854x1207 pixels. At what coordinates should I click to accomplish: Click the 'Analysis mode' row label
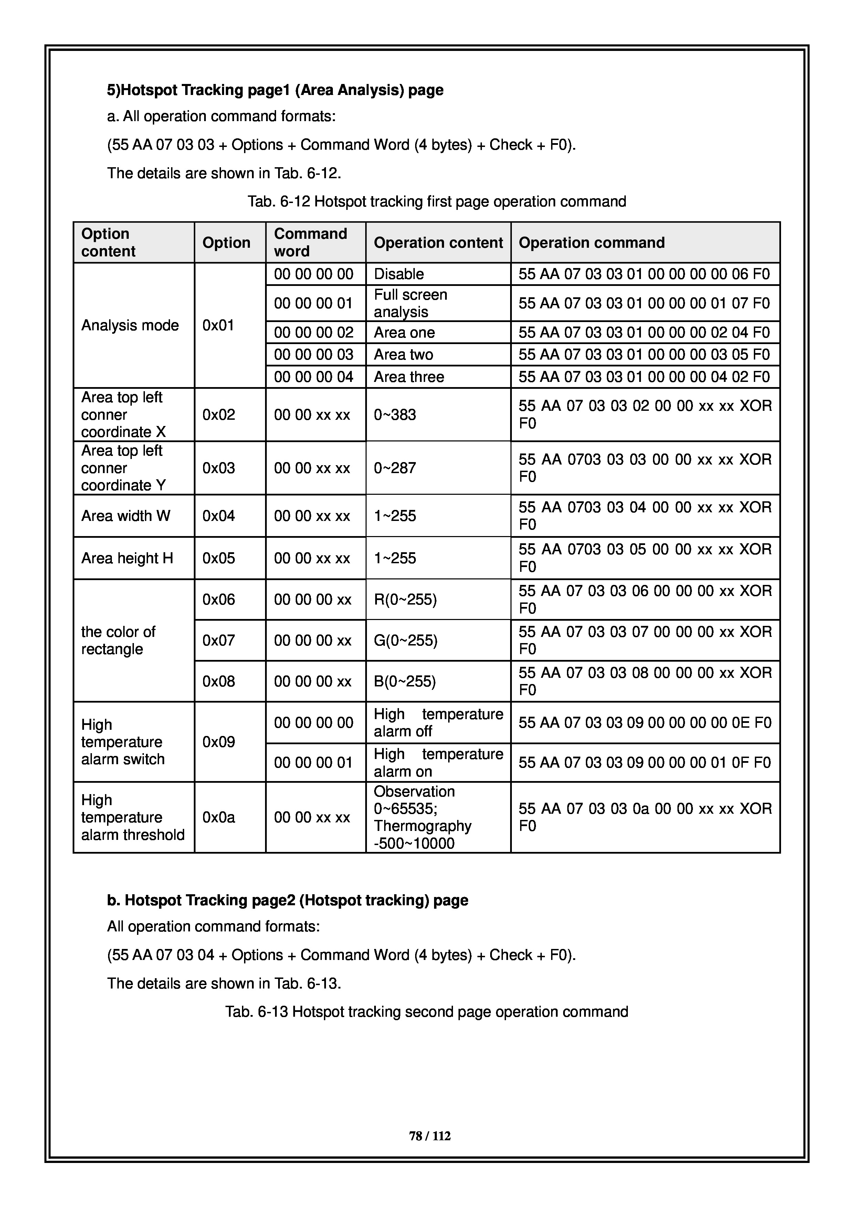[130, 325]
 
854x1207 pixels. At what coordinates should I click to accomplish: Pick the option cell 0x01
[218, 325]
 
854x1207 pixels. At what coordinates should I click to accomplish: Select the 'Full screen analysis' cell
[410, 303]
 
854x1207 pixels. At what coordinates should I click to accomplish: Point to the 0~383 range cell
[395, 415]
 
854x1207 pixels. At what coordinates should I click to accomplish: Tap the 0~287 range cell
[395, 468]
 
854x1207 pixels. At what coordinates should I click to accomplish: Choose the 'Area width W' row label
[126, 516]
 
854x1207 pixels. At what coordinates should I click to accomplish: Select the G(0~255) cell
[405, 640]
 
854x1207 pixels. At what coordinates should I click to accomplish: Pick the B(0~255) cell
[405, 681]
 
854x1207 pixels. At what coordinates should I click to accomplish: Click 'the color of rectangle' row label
[118, 640]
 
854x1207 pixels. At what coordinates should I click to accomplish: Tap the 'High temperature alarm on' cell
[438, 763]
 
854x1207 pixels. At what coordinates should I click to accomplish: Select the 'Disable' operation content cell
[399, 274]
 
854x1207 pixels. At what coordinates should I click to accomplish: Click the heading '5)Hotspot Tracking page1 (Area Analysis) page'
[275, 90]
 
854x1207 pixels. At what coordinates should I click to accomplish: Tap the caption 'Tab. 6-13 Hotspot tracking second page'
[426, 1012]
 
